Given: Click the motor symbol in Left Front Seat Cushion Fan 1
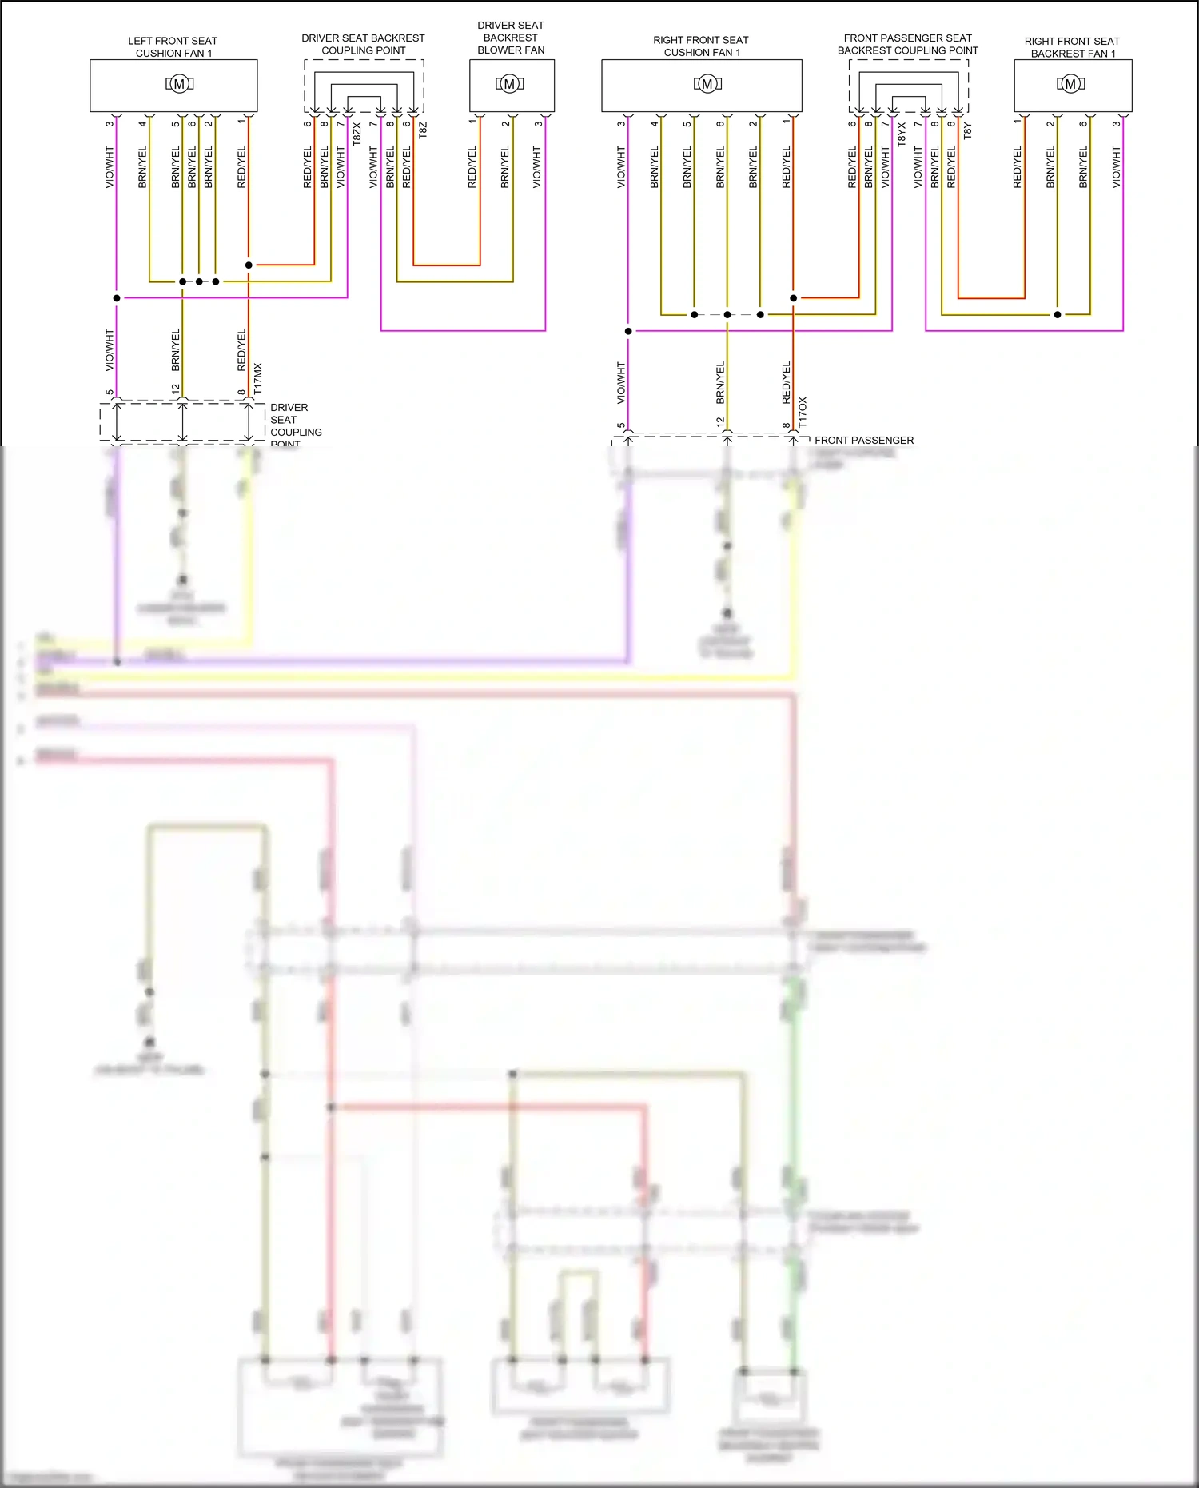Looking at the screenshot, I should [179, 84].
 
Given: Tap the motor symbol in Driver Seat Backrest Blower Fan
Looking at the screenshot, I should [509, 84].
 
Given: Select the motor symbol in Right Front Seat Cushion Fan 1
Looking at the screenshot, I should [707, 84].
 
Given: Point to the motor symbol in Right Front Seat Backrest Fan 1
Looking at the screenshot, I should [1070, 84].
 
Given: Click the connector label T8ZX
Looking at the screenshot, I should [357, 134].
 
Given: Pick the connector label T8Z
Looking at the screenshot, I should [423, 130].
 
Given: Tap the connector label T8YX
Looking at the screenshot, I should [902, 134].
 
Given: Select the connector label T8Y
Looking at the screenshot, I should [968, 130].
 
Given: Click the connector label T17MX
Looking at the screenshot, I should [258, 378].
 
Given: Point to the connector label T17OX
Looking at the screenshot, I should [803, 412].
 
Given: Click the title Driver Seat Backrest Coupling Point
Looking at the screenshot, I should [363, 44].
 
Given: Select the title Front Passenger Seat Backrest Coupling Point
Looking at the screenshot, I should [907, 44].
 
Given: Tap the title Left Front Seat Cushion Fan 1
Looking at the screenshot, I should [173, 47].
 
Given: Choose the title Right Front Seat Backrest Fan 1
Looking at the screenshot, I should [1072, 47].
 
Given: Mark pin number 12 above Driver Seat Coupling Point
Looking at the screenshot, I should [176, 390].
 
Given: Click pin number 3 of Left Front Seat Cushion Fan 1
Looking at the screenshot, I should [110, 124].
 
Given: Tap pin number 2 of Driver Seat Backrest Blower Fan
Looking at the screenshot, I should [505, 124].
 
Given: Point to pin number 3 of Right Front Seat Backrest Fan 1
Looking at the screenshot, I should [1116, 124].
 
